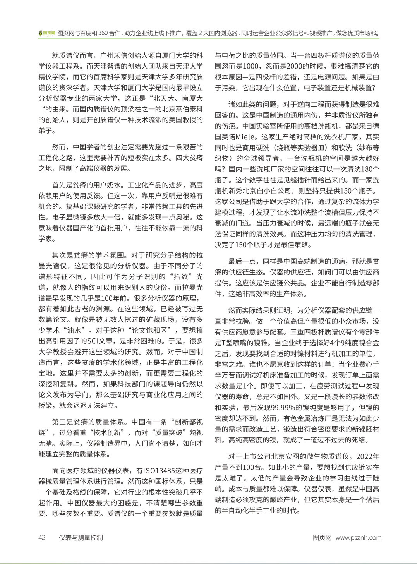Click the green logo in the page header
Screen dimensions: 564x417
tap(47, 33)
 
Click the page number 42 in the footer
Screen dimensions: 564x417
tap(42, 537)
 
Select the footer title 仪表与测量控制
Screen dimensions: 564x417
tap(81, 537)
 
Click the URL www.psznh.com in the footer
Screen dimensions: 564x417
tap(358, 537)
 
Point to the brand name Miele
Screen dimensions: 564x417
tap(246, 137)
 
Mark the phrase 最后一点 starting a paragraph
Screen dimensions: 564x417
tap(242, 261)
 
